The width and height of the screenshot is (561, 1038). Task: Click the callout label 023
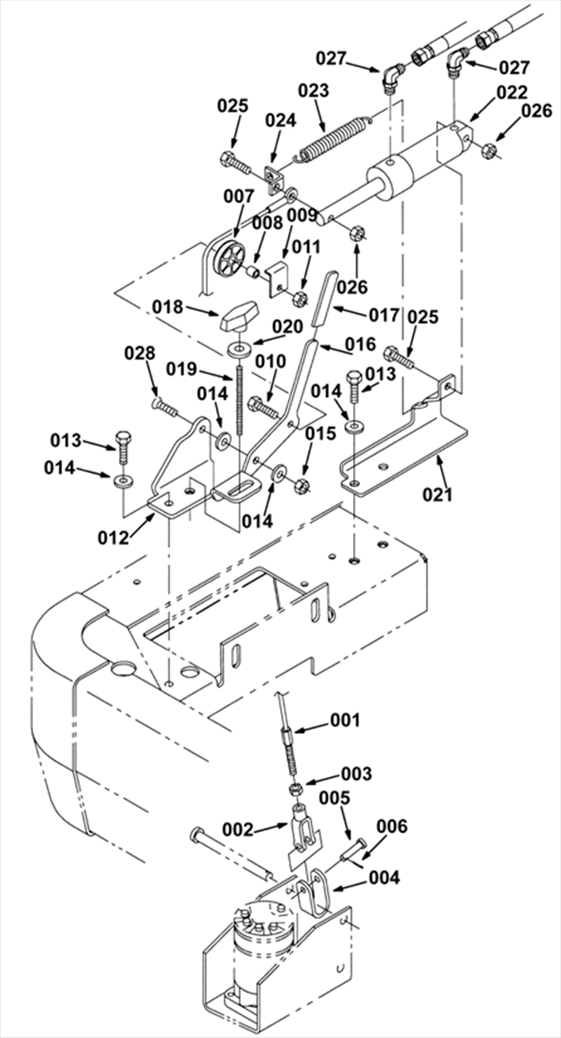(313, 91)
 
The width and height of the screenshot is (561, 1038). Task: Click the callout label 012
(113, 538)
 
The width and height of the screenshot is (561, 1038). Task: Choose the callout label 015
(320, 433)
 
